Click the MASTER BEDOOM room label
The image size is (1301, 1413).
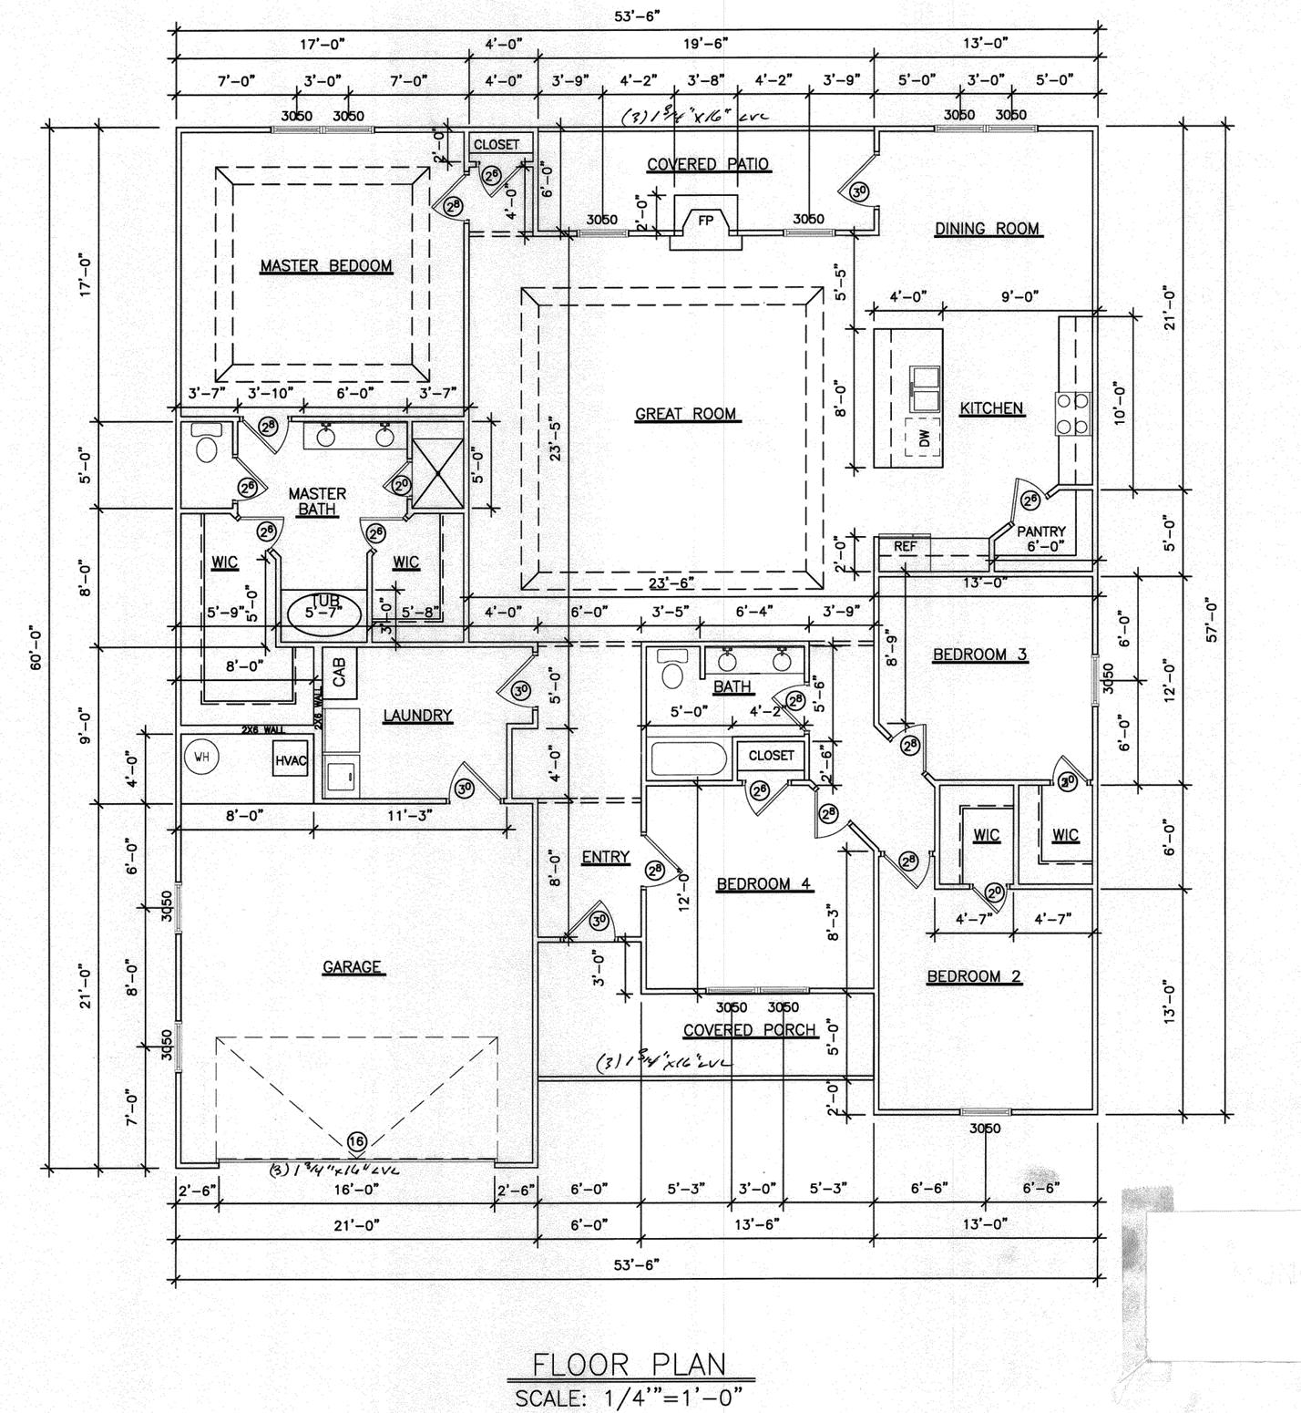coord(326,266)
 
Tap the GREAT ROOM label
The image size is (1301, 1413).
coord(685,414)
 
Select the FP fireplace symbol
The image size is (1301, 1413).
coord(704,221)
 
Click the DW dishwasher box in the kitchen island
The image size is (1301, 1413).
coord(925,439)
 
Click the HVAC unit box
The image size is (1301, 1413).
coord(291,760)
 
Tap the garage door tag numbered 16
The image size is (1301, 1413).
coord(355,1141)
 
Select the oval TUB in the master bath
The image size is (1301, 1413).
coord(323,613)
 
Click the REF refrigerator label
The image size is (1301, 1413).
coord(904,547)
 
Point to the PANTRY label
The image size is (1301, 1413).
coord(1040,531)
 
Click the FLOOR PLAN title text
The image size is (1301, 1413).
coord(630,1364)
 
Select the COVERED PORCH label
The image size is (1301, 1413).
coord(749,1030)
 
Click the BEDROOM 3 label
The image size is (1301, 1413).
coord(979,654)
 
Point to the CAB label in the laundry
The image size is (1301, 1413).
coord(340,675)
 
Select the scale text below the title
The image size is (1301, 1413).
coord(630,1398)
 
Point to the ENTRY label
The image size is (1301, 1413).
coord(605,857)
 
